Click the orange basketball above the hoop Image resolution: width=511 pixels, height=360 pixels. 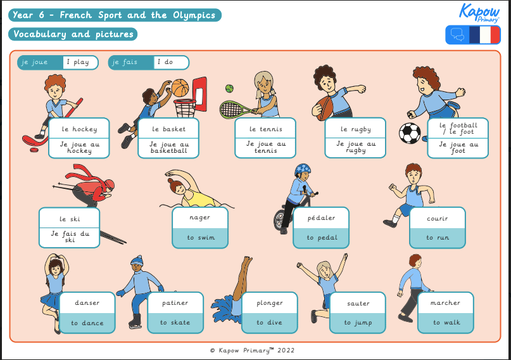[180, 87]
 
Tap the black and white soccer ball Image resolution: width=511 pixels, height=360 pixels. [410, 133]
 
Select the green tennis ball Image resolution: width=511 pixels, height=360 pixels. [229, 89]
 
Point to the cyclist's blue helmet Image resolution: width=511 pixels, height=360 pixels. [303, 170]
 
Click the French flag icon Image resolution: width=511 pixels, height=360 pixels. [484, 35]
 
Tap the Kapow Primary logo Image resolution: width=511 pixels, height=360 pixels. [479, 12]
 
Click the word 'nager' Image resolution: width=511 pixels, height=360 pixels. [199, 217]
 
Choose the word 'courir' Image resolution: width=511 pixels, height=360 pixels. [438, 219]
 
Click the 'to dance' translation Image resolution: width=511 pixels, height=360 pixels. [87, 323]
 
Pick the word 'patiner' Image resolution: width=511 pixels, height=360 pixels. [175, 303]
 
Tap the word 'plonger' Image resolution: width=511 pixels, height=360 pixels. [270, 303]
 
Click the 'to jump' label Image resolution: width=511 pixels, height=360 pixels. [358, 323]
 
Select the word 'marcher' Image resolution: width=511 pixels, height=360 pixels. [446, 303]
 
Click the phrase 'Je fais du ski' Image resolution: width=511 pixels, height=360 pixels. [70, 237]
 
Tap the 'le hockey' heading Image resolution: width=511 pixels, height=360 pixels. [79, 129]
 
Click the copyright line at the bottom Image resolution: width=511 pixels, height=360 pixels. [252, 350]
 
